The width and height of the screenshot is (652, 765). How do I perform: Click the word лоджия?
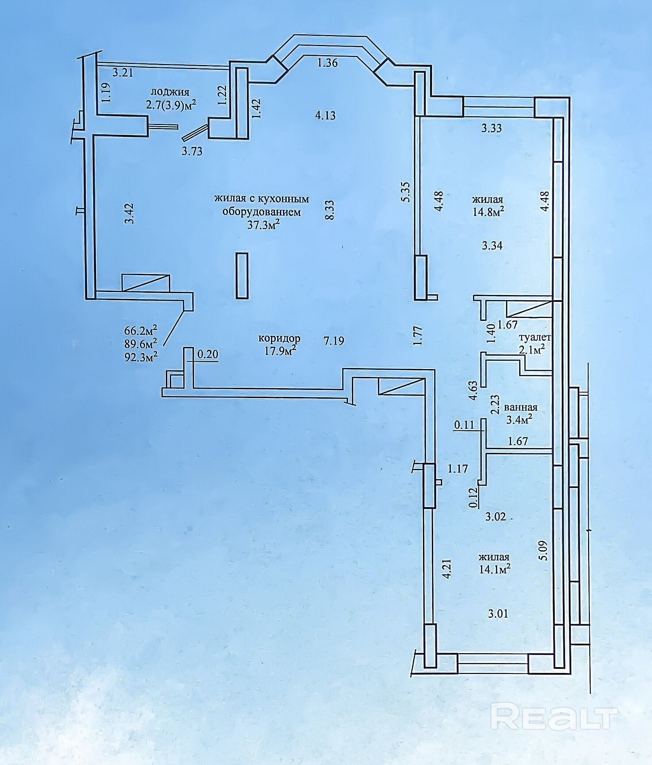(170, 92)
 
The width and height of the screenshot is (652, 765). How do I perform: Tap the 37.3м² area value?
(263, 225)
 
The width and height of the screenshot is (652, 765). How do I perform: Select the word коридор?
(279, 338)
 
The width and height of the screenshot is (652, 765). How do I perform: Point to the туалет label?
(535, 337)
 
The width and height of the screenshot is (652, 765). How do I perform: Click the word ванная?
(521, 407)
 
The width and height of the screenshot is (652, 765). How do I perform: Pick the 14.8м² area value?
(488, 212)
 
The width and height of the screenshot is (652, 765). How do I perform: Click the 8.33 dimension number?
(329, 210)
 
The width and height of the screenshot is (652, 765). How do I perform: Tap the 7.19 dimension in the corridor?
(334, 340)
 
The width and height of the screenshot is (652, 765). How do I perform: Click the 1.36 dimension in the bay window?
(328, 63)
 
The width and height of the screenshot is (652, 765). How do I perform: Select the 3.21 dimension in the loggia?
(122, 73)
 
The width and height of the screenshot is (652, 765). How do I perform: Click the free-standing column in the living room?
(242, 276)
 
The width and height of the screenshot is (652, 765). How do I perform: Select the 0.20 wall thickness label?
(208, 355)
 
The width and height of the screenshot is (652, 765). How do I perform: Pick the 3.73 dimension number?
(192, 151)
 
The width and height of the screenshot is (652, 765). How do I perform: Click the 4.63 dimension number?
(473, 391)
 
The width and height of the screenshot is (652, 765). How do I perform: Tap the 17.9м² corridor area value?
(281, 351)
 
